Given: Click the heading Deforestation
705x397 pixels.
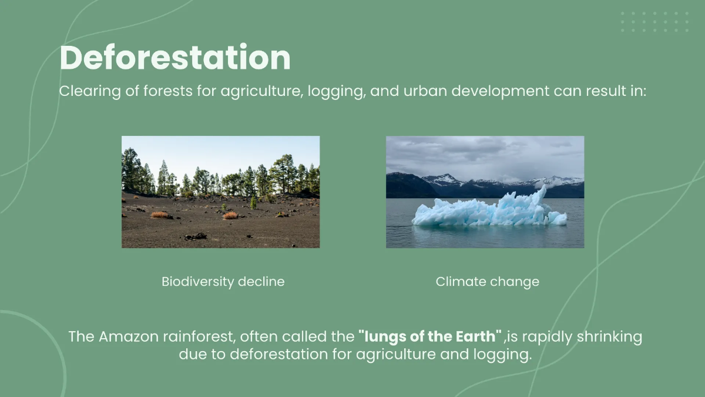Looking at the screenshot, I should (175, 58).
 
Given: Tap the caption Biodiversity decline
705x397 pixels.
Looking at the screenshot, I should (223, 282).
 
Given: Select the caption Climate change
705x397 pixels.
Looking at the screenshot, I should (487, 282).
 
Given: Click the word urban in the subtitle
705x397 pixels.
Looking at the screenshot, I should (421, 92).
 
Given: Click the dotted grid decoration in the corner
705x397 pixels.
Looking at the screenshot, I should (654, 22).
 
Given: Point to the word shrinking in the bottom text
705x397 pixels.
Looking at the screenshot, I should (608, 337).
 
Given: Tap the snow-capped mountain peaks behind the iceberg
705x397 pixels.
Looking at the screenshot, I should (446, 179).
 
